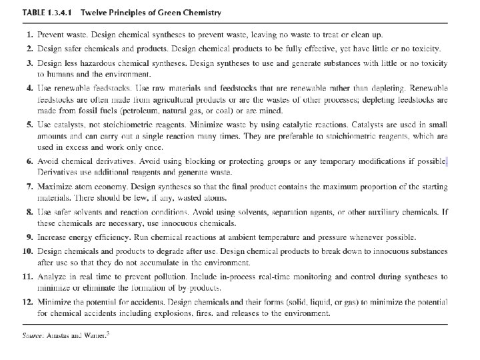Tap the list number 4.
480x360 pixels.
tap(29, 87)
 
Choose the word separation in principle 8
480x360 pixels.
tap(299, 211)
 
